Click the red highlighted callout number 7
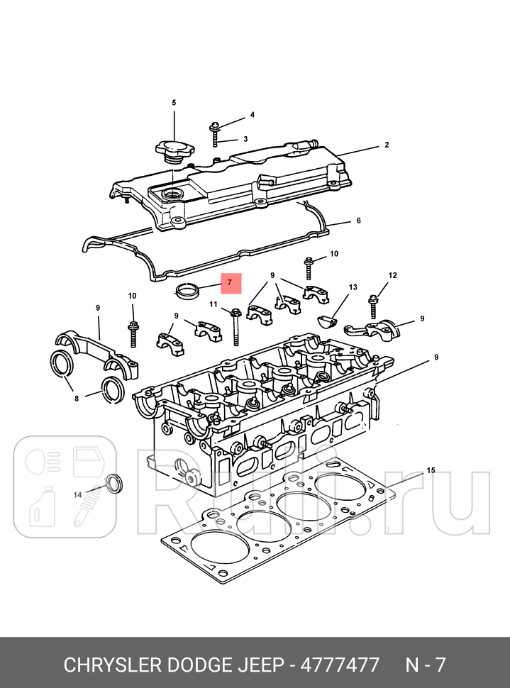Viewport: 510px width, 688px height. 230,283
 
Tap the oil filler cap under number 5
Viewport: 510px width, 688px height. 173,151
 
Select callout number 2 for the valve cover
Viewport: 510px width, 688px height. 387,145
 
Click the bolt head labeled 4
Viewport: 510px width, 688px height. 215,128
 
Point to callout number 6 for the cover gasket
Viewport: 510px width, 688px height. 359,221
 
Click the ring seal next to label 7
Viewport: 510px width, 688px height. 188,290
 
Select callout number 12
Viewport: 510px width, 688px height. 392,275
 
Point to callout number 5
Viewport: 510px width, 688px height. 173,104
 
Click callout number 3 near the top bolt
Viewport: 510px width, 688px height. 245,139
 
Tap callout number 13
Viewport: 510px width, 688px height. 353,287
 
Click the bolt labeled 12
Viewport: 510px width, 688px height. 373,306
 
